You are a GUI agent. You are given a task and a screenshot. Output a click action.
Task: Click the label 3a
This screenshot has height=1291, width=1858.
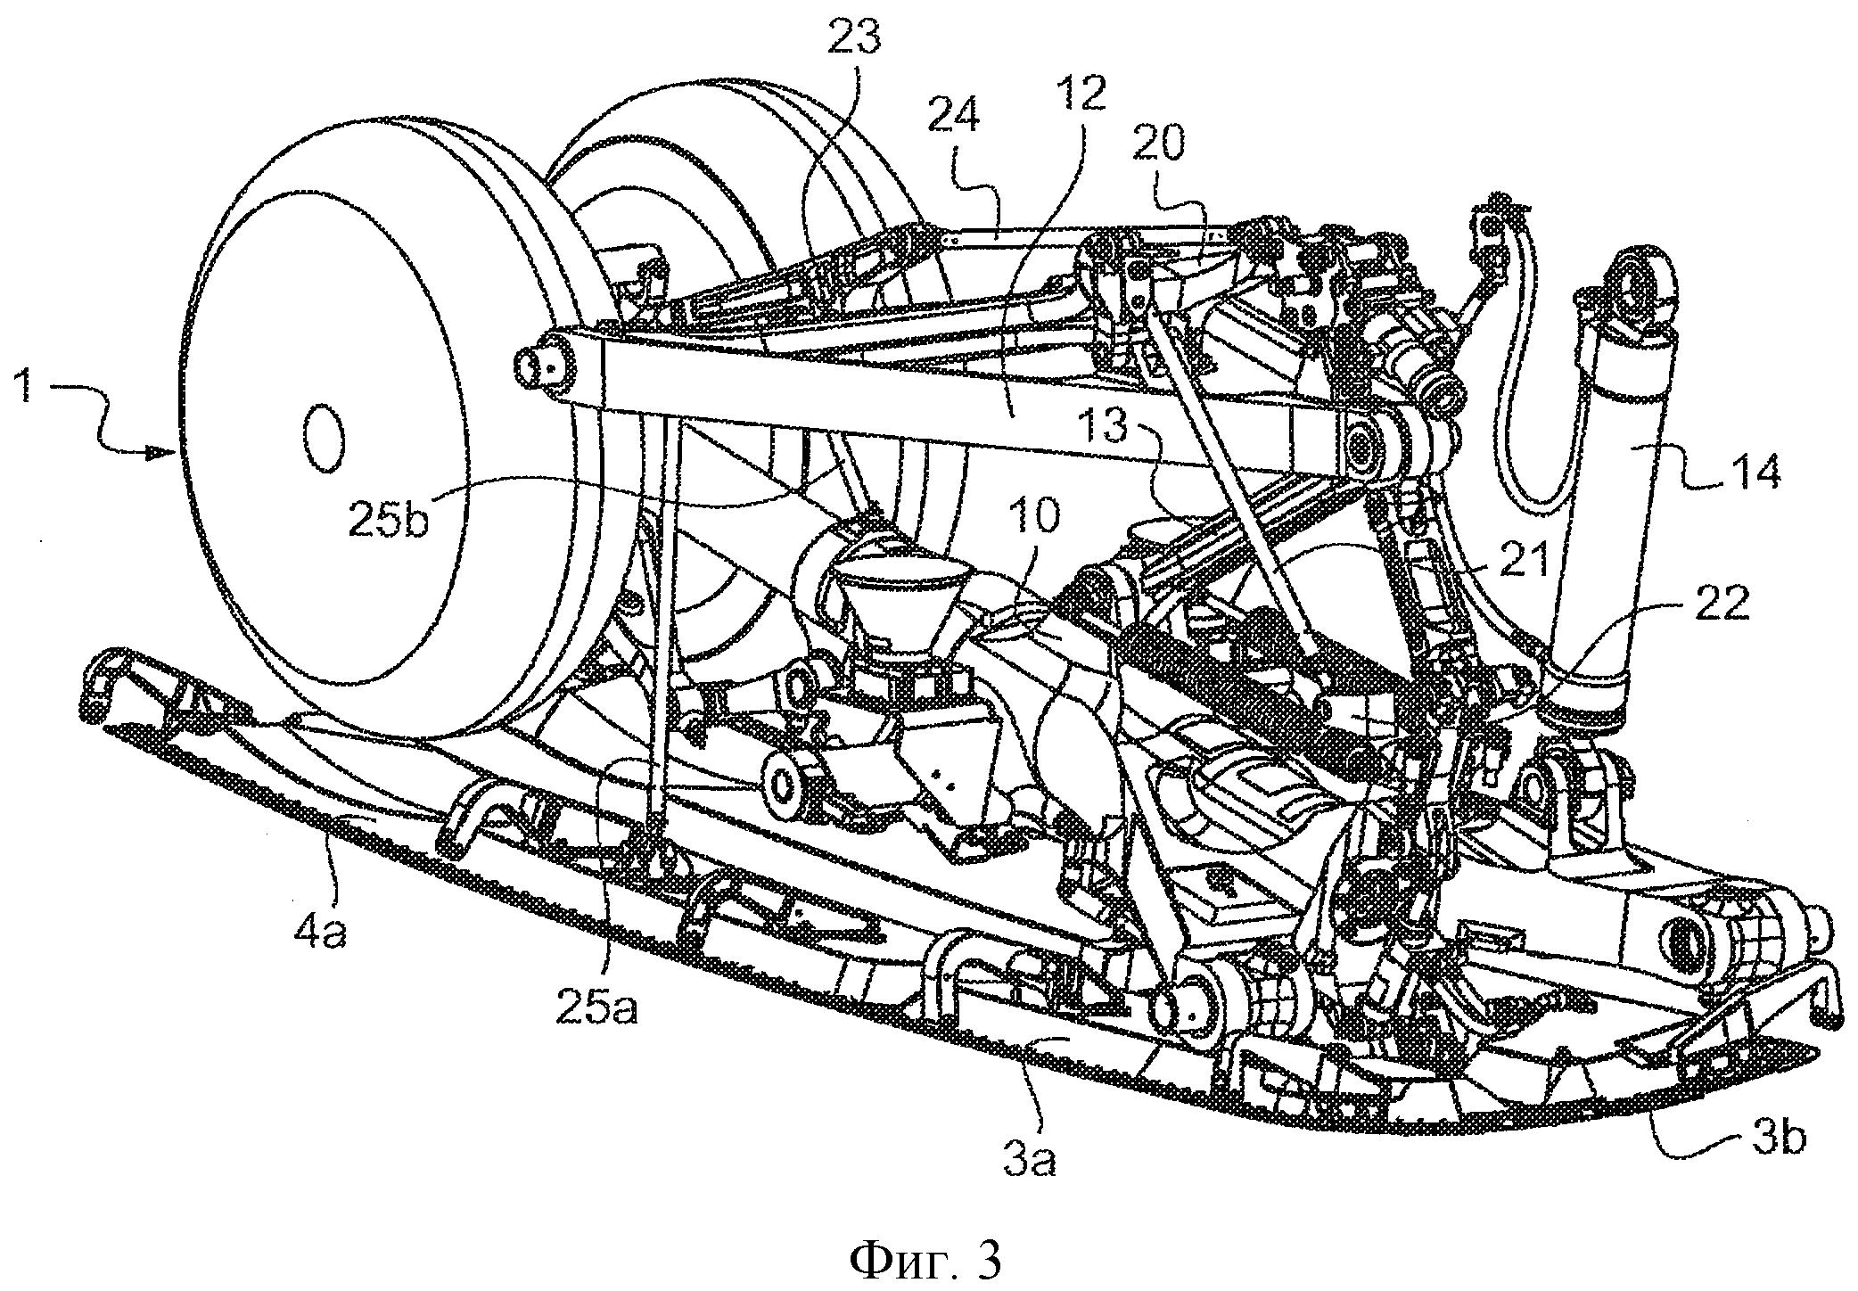coord(1031,1161)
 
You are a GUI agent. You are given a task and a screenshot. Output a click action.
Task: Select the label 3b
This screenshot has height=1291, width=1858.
coord(1777,1140)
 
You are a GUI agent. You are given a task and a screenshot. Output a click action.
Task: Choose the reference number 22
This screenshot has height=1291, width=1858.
coord(1723,607)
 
